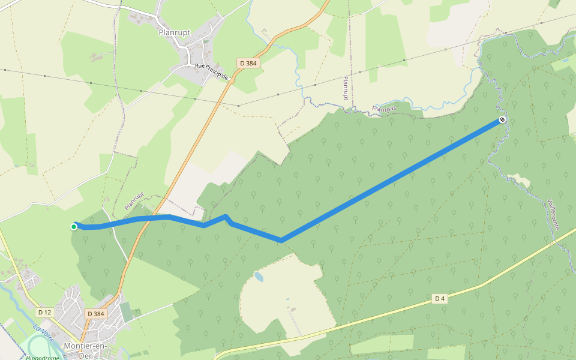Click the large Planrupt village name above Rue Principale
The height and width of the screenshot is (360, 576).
175,32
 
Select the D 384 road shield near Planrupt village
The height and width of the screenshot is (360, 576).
249,63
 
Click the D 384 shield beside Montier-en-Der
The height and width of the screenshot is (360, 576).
95,313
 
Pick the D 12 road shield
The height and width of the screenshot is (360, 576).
44,312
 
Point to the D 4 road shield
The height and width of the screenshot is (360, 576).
440,298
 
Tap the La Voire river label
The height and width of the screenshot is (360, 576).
43,333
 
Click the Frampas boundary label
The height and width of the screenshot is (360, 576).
385,109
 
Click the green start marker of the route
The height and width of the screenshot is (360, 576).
74,226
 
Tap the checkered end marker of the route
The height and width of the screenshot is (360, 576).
502,120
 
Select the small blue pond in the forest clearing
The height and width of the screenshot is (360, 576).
259,277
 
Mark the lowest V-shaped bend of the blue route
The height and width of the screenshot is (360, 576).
281,240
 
